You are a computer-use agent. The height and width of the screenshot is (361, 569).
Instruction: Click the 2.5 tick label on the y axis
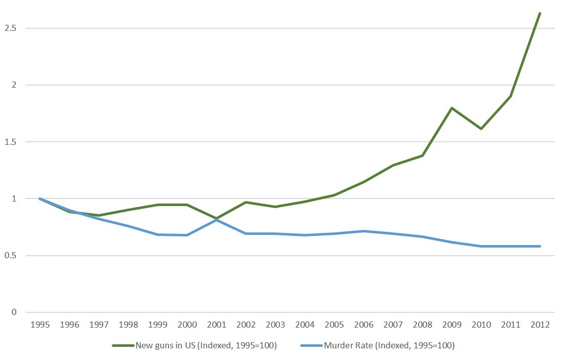tap(10, 28)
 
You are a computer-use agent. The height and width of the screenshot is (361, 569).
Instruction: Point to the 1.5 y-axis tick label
tap(10, 142)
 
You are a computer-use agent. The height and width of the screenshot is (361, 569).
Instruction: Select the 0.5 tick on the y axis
tap(10, 256)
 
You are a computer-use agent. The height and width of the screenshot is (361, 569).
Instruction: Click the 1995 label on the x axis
tap(40, 325)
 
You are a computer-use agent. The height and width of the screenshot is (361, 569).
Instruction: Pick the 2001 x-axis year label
tap(217, 325)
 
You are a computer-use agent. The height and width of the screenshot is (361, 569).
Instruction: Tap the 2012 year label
tap(540, 325)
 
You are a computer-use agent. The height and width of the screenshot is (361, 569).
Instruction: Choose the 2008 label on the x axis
tap(422, 325)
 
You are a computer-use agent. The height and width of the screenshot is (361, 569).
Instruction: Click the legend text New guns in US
tap(206, 346)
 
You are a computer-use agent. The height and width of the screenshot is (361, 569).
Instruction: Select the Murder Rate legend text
tap(389, 346)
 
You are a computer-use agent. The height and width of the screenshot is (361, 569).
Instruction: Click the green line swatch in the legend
tap(123, 346)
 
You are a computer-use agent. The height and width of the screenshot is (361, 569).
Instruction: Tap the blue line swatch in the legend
tap(311, 346)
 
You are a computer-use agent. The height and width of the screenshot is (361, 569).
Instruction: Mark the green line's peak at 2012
tap(540, 13)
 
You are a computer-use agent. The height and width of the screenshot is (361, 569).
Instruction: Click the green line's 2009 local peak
tap(452, 108)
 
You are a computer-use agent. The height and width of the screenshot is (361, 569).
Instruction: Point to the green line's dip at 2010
tap(481, 129)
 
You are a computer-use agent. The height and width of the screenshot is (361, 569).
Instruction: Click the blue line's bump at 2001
tap(217, 219)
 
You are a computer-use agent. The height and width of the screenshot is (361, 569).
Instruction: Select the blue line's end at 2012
tap(540, 246)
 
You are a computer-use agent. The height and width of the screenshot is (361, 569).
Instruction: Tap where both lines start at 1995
tap(40, 198)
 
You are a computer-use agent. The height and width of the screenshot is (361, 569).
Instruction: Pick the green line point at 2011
tap(510, 96)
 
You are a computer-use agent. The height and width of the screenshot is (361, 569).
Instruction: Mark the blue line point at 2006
tap(363, 231)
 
